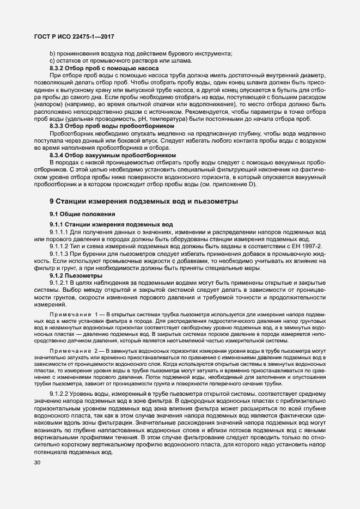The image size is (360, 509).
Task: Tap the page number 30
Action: (x=38, y=463)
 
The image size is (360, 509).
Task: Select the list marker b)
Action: (x=53, y=53)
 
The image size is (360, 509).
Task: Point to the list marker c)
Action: (x=53, y=60)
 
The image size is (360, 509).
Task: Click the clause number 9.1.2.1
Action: (x=60, y=282)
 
